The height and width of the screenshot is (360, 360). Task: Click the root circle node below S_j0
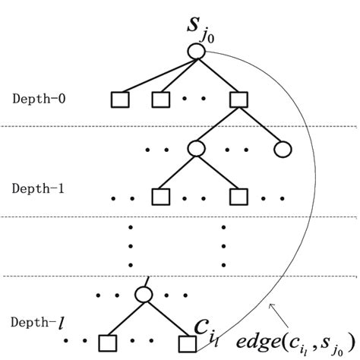click(x=196, y=52)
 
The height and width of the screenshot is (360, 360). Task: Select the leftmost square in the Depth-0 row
click(x=120, y=99)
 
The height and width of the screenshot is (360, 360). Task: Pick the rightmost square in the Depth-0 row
click(x=238, y=99)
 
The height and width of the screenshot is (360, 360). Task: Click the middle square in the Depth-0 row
click(x=159, y=99)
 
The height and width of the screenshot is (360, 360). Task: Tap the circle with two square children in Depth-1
click(x=197, y=149)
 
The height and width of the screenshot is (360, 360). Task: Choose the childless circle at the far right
click(x=283, y=149)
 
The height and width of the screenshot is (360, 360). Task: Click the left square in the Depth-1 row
click(x=159, y=197)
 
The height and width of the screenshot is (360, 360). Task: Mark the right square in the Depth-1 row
click(x=238, y=197)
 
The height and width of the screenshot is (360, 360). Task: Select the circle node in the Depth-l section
click(x=145, y=295)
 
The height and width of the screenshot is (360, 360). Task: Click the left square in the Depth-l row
click(x=106, y=343)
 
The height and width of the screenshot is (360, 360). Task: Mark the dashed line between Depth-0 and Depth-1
click(x=180, y=126)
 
